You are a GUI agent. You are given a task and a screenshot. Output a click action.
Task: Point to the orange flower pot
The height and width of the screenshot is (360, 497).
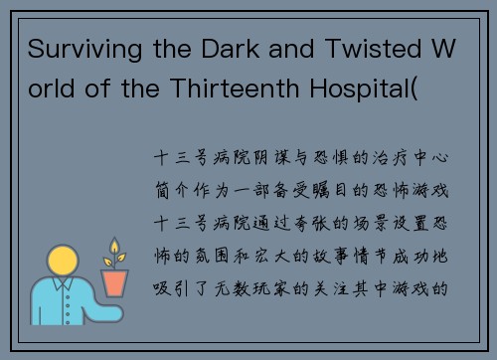(x=115, y=282)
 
